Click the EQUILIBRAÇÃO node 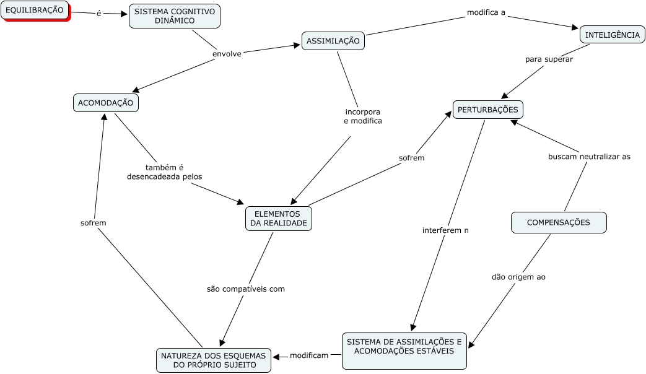[34, 10]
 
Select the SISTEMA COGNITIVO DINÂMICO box [175, 16]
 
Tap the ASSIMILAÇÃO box [333, 41]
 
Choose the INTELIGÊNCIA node [612, 35]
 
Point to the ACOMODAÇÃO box [106, 103]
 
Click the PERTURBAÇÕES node [487, 110]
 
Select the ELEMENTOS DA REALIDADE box [279, 219]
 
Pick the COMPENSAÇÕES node [558, 222]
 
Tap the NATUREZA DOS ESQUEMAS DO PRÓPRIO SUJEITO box [214, 360]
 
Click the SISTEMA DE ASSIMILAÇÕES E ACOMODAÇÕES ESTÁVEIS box [404, 346]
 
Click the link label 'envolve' [227, 54]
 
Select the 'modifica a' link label [486, 12]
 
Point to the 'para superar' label [549, 59]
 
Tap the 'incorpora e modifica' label [363, 116]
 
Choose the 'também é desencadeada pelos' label [164, 172]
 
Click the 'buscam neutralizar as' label [589, 157]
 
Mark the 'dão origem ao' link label [518, 277]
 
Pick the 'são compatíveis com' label [246, 289]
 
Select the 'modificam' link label [309, 355]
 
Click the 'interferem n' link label [445, 230]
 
